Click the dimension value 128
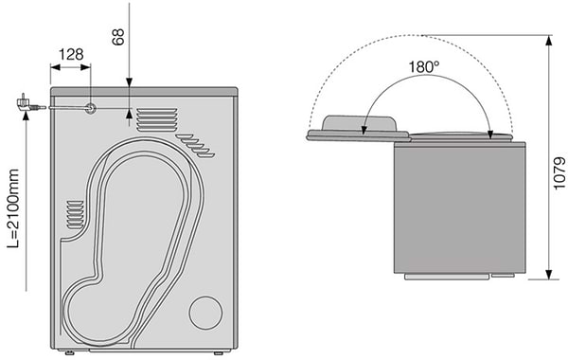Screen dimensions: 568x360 pos(71,54)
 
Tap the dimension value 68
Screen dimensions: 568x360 pos(118,37)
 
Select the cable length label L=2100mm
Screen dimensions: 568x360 pos(13,208)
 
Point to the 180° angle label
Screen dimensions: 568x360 pos(424,67)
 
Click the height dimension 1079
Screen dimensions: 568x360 pos(559,173)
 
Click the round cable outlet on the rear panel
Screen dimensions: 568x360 pos(90,108)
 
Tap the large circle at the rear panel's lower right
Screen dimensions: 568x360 pos(205,313)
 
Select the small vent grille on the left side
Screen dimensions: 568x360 pos(76,214)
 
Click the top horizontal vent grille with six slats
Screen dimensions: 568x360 pos(157,119)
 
